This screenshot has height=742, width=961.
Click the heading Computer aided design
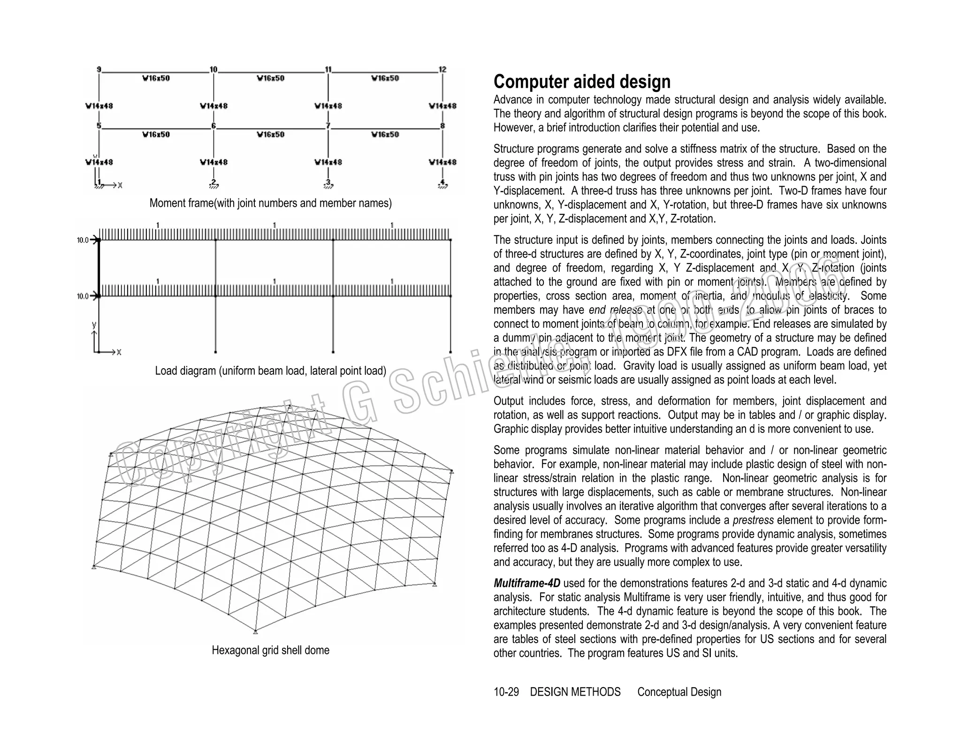pos(582,82)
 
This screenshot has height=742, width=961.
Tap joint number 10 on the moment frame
pos(214,69)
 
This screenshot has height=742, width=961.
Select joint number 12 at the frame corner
pos(442,69)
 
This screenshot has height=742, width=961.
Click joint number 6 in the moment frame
pos(214,126)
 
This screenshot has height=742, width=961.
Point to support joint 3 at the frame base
pos(328,182)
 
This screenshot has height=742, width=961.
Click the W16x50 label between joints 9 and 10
pos(156,78)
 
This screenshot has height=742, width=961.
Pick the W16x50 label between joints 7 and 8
pos(385,135)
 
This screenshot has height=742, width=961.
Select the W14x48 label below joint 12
pos(442,106)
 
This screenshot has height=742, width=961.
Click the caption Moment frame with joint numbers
pos(270,203)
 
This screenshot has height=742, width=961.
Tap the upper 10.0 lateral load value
pos(83,240)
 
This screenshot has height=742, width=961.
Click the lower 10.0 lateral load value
pos(83,296)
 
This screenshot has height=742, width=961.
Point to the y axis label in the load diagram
pos(94,325)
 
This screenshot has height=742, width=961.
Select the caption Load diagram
pos(270,371)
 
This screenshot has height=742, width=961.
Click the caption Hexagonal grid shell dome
pos(270,650)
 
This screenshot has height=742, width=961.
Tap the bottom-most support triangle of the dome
pos(255,632)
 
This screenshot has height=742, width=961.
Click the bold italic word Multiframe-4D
pos(526,583)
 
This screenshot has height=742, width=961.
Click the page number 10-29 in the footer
pos(506,692)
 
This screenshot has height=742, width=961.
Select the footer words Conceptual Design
pos(679,692)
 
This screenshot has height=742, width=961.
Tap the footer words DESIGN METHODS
pos(575,692)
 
